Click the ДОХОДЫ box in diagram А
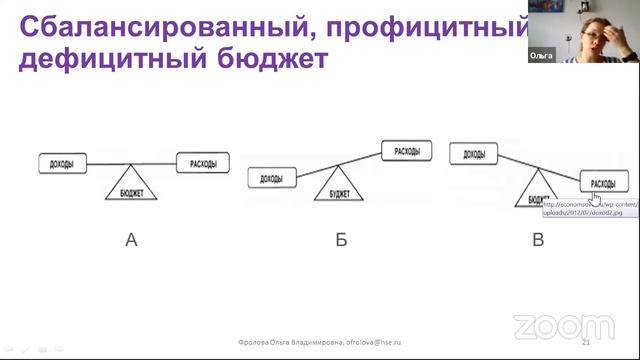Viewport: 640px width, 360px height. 61,162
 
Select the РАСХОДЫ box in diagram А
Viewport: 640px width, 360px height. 203,162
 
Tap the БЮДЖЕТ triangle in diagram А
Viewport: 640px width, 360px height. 132,187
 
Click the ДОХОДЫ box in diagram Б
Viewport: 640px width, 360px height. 271,179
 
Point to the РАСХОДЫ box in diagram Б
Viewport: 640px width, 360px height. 407,152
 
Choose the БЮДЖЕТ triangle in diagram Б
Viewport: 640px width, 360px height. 340,185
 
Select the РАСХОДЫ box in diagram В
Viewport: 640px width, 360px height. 603,184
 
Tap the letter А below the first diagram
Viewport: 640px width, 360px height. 131,241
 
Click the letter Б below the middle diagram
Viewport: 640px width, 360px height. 341,241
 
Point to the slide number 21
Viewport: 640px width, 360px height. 612,342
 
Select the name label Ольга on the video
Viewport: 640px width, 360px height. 541,59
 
